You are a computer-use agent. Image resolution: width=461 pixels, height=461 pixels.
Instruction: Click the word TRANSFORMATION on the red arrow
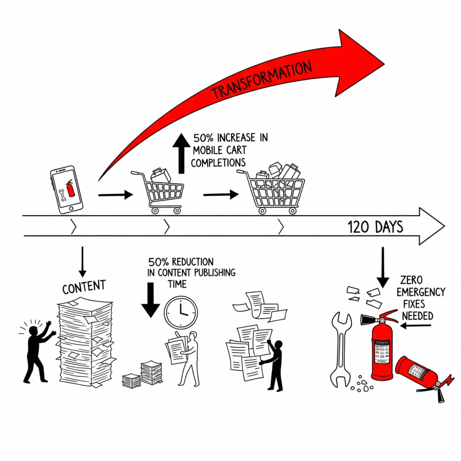262,80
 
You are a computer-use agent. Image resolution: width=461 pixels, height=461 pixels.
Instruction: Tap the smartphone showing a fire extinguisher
67,190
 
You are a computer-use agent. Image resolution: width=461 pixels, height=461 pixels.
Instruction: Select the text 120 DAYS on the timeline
375,227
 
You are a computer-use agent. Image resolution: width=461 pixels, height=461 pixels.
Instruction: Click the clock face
181,312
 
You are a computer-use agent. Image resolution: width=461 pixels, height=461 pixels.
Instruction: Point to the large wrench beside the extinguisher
341,350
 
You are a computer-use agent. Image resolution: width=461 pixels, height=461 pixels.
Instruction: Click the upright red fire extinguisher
381,345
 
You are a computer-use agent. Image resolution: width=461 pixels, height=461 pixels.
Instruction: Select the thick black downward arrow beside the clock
150,300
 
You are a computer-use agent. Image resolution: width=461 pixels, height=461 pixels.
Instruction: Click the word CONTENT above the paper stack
84,287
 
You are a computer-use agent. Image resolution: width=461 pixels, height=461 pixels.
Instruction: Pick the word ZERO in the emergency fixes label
411,280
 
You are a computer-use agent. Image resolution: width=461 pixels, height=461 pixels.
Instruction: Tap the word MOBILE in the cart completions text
207,150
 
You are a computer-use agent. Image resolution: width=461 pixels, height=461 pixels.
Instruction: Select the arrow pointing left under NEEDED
416,325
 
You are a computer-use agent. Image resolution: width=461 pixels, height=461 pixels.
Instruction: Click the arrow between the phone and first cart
116,194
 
